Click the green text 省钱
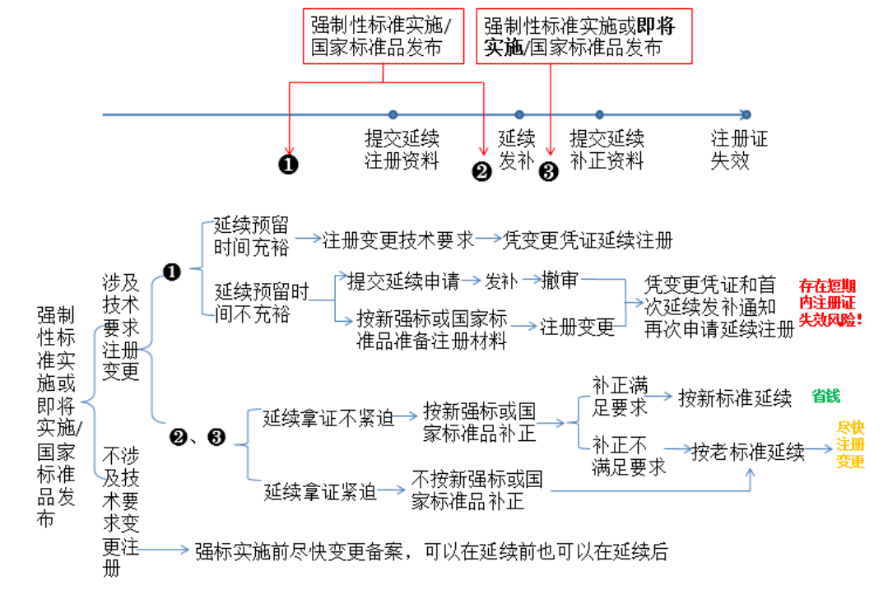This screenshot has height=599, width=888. [x=825, y=396]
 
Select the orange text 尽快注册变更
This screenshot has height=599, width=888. [x=850, y=444]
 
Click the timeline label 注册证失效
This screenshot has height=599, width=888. [x=739, y=149]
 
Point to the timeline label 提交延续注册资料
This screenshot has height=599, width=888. [x=402, y=149]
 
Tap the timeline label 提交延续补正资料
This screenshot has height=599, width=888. [x=607, y=149]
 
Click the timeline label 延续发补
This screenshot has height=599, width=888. [x=517, y=149]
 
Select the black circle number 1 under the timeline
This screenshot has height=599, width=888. [x=289, y=165]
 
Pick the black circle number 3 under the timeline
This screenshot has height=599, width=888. [x=548, y=171]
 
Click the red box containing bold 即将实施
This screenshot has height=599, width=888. [x=584, y=36]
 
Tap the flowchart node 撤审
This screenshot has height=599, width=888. [x=559, y=280]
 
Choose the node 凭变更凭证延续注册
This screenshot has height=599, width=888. [x=588, y=239]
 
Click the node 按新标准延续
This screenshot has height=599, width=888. [x=735, y=398]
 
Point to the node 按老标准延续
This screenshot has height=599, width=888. [x=747, y=451]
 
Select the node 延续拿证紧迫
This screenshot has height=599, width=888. [x=320, y=492]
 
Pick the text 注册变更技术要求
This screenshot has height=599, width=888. [x=398, y=239]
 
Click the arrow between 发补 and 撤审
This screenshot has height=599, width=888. [x=529, y=280]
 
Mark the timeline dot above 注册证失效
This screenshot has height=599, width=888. [x=746, y=114]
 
